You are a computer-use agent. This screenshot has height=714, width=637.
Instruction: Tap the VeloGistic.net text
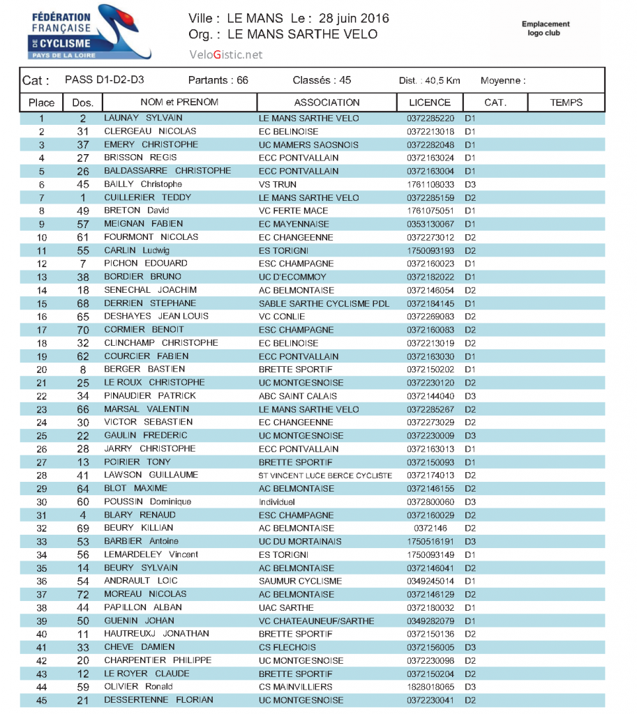click(225, 54)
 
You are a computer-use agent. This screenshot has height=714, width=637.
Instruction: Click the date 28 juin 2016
click(354, 18)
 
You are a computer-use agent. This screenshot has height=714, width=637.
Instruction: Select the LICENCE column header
click(430, 102)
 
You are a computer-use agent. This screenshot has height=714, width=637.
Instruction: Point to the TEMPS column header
click(566, 102)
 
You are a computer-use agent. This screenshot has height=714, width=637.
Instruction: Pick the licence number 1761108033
click(430, 185)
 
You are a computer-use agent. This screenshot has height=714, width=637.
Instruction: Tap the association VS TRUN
click(277, 185)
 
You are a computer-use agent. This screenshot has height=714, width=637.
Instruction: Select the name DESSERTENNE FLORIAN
click(158, 700)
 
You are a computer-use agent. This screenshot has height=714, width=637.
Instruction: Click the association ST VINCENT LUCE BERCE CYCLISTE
click(325, 476)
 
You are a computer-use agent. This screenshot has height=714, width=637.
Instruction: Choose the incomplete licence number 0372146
click(430, 529)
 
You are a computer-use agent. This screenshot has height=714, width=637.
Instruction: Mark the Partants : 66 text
click(218, 80)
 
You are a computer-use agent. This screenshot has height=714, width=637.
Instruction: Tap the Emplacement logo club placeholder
click(546, 28)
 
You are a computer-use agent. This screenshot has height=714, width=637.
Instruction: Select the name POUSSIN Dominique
click(147, 502)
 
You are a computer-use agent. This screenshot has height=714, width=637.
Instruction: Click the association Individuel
click(277, 502)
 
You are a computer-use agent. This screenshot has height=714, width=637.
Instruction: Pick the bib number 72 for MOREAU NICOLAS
click(83, 595)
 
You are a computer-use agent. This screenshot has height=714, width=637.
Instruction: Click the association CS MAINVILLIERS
click(295, 687)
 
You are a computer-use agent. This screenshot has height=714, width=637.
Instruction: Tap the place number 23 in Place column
click(42, 410)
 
